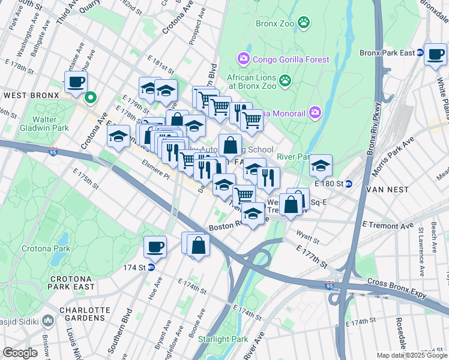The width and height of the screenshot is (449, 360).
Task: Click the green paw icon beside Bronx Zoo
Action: [x=306, y=23]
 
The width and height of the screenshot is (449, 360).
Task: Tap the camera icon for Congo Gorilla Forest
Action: [x=244, y=59]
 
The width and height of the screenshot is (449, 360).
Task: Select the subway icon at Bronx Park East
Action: [x=420, y=53]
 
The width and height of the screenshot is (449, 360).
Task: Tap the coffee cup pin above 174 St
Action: [x=155, y=246]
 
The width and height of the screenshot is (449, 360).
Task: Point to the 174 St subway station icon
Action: [x=151, y=267]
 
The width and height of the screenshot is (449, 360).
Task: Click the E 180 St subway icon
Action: [x=348, y=183]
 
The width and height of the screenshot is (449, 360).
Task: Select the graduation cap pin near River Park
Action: [x=321, y=164]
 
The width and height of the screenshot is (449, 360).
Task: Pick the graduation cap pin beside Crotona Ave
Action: [x=119, y=136]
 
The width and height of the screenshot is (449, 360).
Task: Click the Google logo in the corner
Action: [x=20, y=353]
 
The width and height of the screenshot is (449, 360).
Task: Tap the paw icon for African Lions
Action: [x=285, y=80]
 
